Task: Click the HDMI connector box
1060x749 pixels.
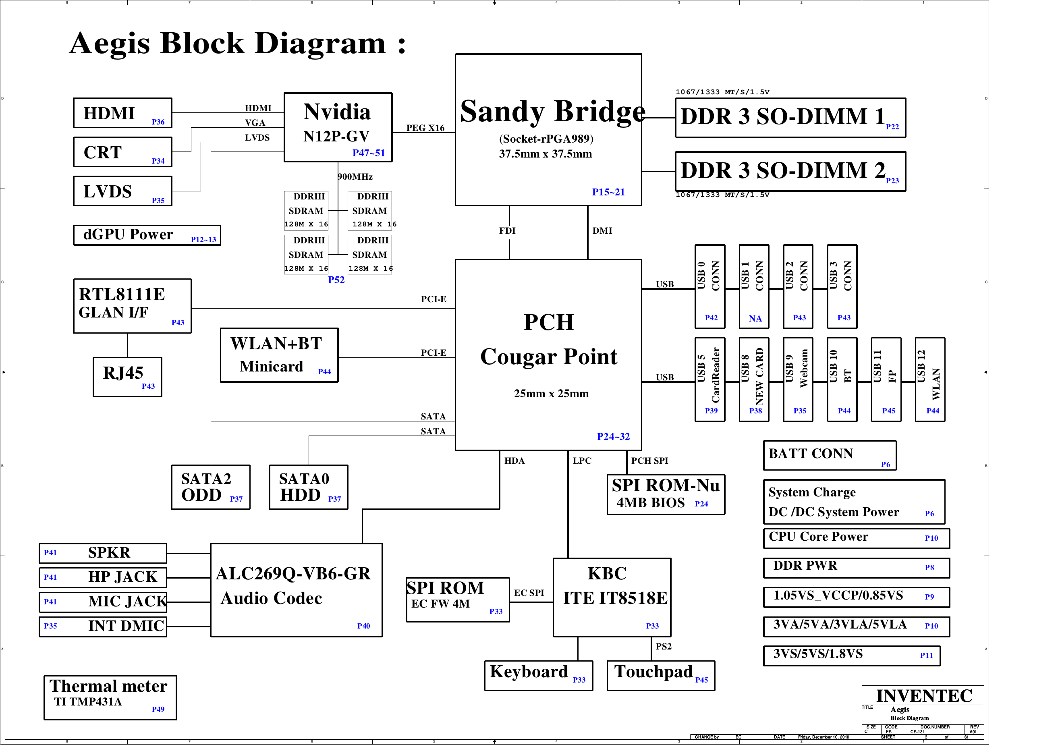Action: [x=122, y=113]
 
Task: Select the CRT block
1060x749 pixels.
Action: [x=122, y=152]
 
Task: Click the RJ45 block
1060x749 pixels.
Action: [x=127, y=377]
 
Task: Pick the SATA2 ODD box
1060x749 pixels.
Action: [x=211, y=487]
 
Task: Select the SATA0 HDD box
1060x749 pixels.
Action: [x=308, y=487]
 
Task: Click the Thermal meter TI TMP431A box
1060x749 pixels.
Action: [x=110, y=697]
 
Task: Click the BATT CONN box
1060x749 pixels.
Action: [x=830, y=455]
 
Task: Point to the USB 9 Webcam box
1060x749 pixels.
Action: [x=798, y=379]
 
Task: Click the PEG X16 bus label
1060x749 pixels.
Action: [x=425, y=128]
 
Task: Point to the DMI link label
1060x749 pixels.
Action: [x=602, y=230]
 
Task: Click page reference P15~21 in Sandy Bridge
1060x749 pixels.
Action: [x=608, y=192]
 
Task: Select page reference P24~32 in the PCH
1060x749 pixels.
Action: [x=613, y=436]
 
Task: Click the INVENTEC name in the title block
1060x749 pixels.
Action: [x=924, y=696]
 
